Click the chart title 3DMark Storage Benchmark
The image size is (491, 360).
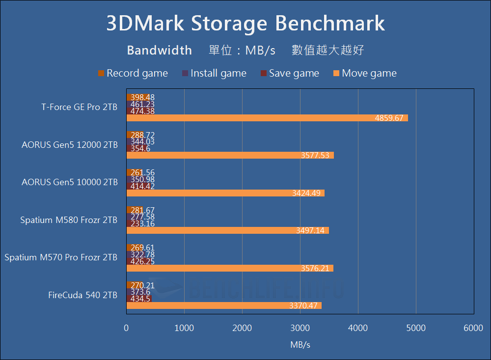(245, 24)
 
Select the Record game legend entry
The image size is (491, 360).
(133, 74)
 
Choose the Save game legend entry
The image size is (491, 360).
(290, 74)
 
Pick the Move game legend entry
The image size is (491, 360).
(364, 74)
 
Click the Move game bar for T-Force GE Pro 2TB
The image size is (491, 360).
(267, 118)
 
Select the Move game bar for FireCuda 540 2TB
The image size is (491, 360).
(224, 305)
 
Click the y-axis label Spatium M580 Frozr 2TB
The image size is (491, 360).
(69, 220)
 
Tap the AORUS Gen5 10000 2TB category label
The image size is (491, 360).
(70, 182)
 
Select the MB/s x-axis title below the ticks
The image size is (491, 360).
(300, 345)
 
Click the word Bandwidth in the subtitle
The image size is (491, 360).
(159, 50)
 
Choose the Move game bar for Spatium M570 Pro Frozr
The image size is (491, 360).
(230, 268)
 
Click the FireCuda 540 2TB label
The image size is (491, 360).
(82, 295)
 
